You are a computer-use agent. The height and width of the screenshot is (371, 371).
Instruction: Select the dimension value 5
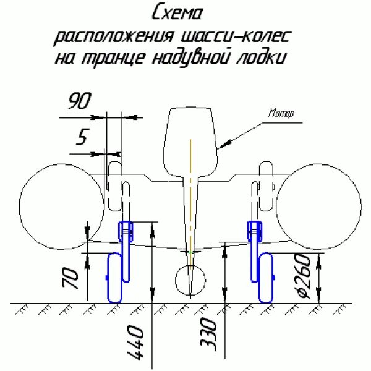[81, 138]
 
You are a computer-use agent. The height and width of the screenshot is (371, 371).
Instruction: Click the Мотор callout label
[281, 113]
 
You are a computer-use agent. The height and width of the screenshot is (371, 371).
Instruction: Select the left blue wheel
[115, 277]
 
